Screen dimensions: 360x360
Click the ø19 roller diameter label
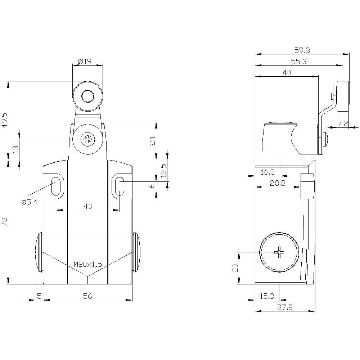85,62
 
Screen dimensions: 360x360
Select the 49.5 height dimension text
5,120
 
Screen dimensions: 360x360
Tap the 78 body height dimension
5,222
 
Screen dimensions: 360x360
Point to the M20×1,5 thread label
87,264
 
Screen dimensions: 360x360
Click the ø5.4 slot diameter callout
29,202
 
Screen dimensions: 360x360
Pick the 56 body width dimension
87,296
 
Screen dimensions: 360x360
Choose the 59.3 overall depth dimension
302,50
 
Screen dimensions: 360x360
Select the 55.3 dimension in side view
299,61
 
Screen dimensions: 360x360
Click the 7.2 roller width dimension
343,123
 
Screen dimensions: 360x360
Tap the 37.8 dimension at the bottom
285,307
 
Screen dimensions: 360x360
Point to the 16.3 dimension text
268,172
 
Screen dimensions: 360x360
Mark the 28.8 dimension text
278,183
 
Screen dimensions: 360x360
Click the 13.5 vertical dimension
163,171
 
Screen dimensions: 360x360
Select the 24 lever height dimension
152,141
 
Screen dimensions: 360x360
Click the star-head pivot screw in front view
87,139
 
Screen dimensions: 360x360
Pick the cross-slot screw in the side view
279,252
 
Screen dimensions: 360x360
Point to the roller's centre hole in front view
87,96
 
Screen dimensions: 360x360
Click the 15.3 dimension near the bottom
267,296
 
